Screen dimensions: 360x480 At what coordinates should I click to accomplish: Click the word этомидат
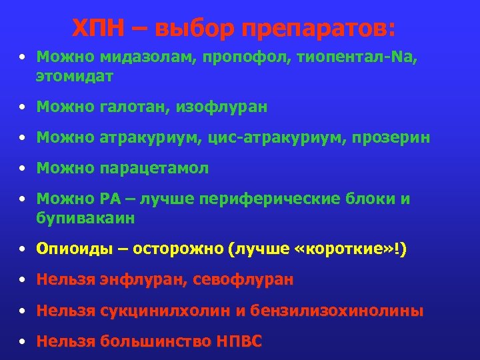pyautogui.click(x=75, y=77)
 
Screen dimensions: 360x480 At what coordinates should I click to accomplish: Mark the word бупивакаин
pyautogui.click(x=86, y=218)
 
